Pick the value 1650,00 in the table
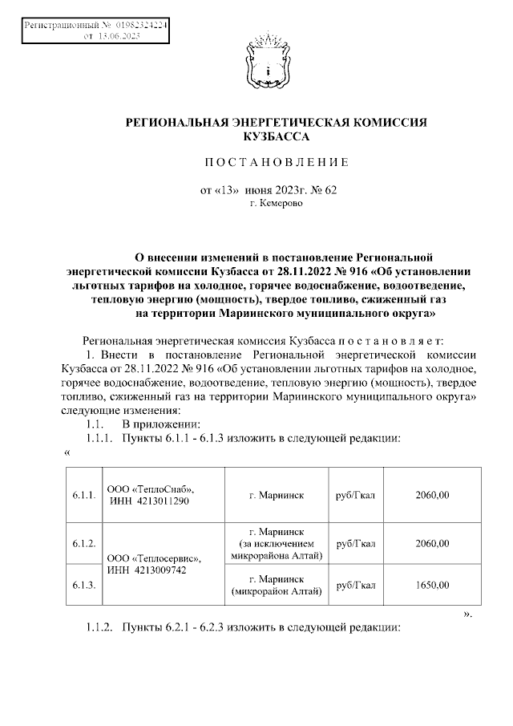coord(432,586)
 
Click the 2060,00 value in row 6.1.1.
coord(432,496)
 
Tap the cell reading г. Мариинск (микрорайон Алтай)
coord(277,586)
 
